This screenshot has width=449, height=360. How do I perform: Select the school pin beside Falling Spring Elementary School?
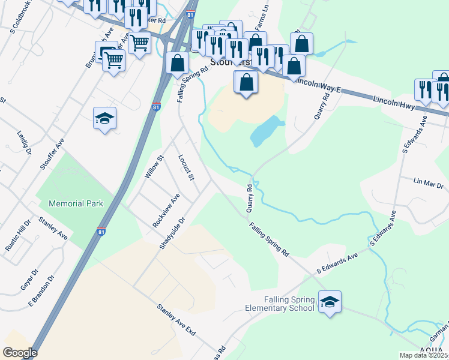[x=329, y=301]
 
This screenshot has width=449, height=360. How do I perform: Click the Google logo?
[x=20, y=353]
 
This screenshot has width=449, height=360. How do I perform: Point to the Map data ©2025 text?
[x=424, y=355]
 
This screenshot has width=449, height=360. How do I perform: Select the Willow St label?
[x=154, y=167]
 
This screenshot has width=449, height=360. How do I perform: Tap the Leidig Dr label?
[x=24, y=143]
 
